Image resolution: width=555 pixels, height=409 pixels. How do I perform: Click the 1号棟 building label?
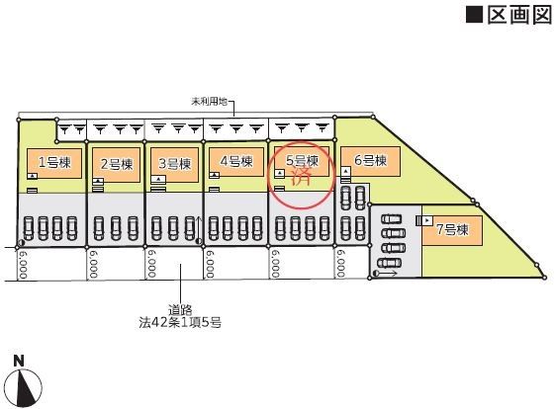(x=54, y=162)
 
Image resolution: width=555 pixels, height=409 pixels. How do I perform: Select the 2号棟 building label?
(x=117, y=164)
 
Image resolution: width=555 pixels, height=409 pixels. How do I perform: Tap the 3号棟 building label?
(x=174, y=164)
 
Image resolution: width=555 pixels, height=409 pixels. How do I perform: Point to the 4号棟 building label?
(x=236, y=161)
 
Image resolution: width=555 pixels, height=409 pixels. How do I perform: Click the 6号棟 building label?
(x=370, y=160)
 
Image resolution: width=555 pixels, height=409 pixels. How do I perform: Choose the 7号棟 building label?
(x=452, y=230)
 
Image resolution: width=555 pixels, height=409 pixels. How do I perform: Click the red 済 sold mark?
(x=301, y=176)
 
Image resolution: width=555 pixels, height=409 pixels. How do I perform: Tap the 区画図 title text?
(x=519, y=15)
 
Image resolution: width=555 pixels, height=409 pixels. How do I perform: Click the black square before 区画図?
(x=474, y=15)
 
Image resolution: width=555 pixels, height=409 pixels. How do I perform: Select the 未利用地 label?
(x=209, y=102)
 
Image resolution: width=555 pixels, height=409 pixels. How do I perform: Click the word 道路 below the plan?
(x=180, y=310)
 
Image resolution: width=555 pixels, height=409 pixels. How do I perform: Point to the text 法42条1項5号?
(x=180, y=322)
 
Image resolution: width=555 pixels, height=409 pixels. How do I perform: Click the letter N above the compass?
(x=19, y=361)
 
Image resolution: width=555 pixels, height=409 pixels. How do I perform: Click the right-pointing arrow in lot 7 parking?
(x=389, y=274)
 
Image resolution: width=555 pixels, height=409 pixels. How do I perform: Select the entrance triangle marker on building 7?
(x=427, y=220)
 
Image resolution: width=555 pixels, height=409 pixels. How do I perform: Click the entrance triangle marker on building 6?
(x=346, y=172)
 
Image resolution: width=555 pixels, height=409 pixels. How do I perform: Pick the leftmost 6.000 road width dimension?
(x=23, y=264)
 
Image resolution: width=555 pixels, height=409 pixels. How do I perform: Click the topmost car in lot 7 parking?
(x=391, y=219)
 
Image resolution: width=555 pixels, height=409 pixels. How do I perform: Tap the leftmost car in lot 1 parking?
(x=29, y=228)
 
